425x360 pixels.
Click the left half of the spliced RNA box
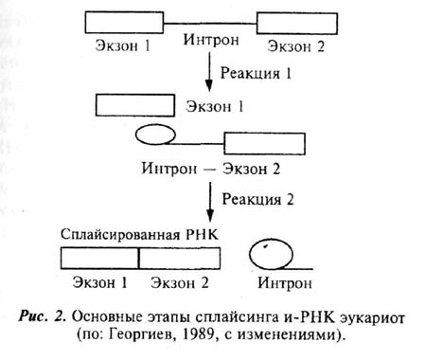pos(99,258)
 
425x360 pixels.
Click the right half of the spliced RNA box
pos(177,258)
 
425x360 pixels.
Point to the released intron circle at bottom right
pos(270,254)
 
